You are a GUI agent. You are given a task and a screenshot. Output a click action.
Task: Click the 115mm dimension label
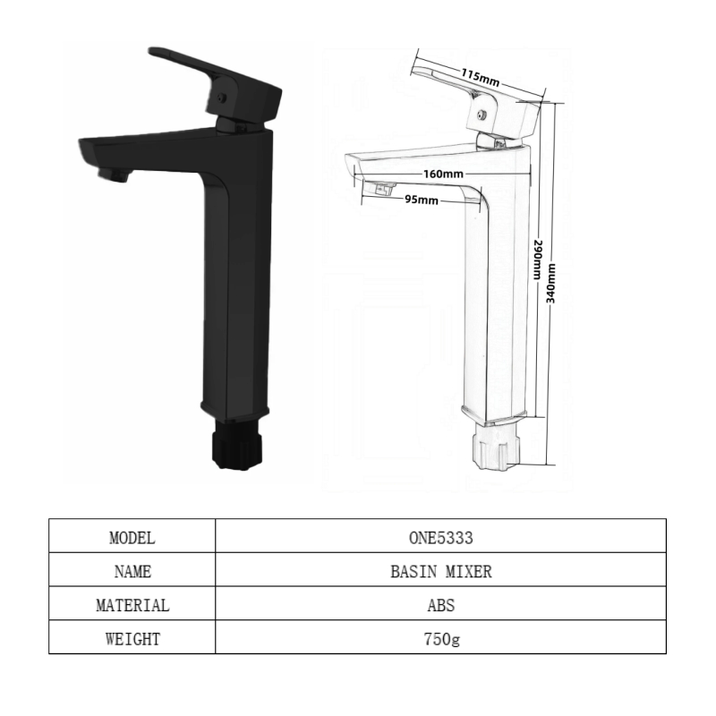click(x=480, y=77)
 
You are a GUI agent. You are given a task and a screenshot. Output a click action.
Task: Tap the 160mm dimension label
click(x=443, y=174)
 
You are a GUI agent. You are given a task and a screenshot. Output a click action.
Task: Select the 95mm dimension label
click(x=422, y=200)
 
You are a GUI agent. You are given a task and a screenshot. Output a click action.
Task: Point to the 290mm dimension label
click(x=538, y=260)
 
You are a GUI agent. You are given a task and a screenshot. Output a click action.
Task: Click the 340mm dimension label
click(x=551, y=283)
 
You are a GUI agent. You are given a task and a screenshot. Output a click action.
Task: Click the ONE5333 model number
click(x=440, y=538)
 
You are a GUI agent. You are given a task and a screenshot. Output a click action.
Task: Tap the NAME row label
click(x=132, y=572)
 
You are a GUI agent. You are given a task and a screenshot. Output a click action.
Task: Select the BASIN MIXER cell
click(x=440, y=572)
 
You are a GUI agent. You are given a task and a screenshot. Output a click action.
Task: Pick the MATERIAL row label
click(x=132, y=606)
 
